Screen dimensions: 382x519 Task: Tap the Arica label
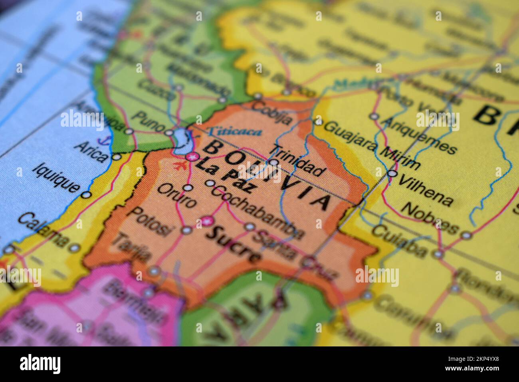coord(91,150)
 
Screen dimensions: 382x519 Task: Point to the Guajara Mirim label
coord(371,145)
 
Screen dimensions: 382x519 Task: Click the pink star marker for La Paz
coord(192,157)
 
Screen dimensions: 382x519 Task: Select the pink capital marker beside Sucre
coord(207,220)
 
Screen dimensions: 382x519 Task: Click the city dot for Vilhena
coord(393,173)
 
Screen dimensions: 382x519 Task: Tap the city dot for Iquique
coord(86,195)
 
